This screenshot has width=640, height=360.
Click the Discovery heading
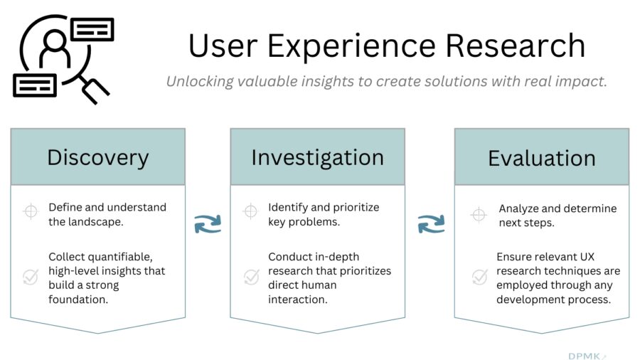tap(98, 157)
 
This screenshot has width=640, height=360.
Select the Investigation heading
tap(318, 157)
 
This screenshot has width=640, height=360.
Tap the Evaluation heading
tap(542, 158)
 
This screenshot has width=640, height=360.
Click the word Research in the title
tap(516, 46)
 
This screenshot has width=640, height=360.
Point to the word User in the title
tap(223, 46)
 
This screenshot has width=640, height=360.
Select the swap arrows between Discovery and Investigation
tap(208, 224)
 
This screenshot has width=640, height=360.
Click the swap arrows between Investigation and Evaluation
tap(432, 224)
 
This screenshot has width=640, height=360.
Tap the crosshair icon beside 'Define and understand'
tap(31, 211)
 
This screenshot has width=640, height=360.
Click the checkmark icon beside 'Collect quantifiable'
tap(31, 277)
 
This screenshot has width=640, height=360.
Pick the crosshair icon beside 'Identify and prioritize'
tap(250, 211)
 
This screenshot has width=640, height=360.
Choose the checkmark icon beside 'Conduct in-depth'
tap(252, 277)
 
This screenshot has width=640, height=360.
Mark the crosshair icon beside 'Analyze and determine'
tap(479, 214)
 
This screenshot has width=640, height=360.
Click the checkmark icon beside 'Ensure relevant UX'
tap(479, 277)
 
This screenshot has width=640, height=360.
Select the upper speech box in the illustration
tap(92, 29)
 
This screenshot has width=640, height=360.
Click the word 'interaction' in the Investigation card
tap(297, 300)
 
